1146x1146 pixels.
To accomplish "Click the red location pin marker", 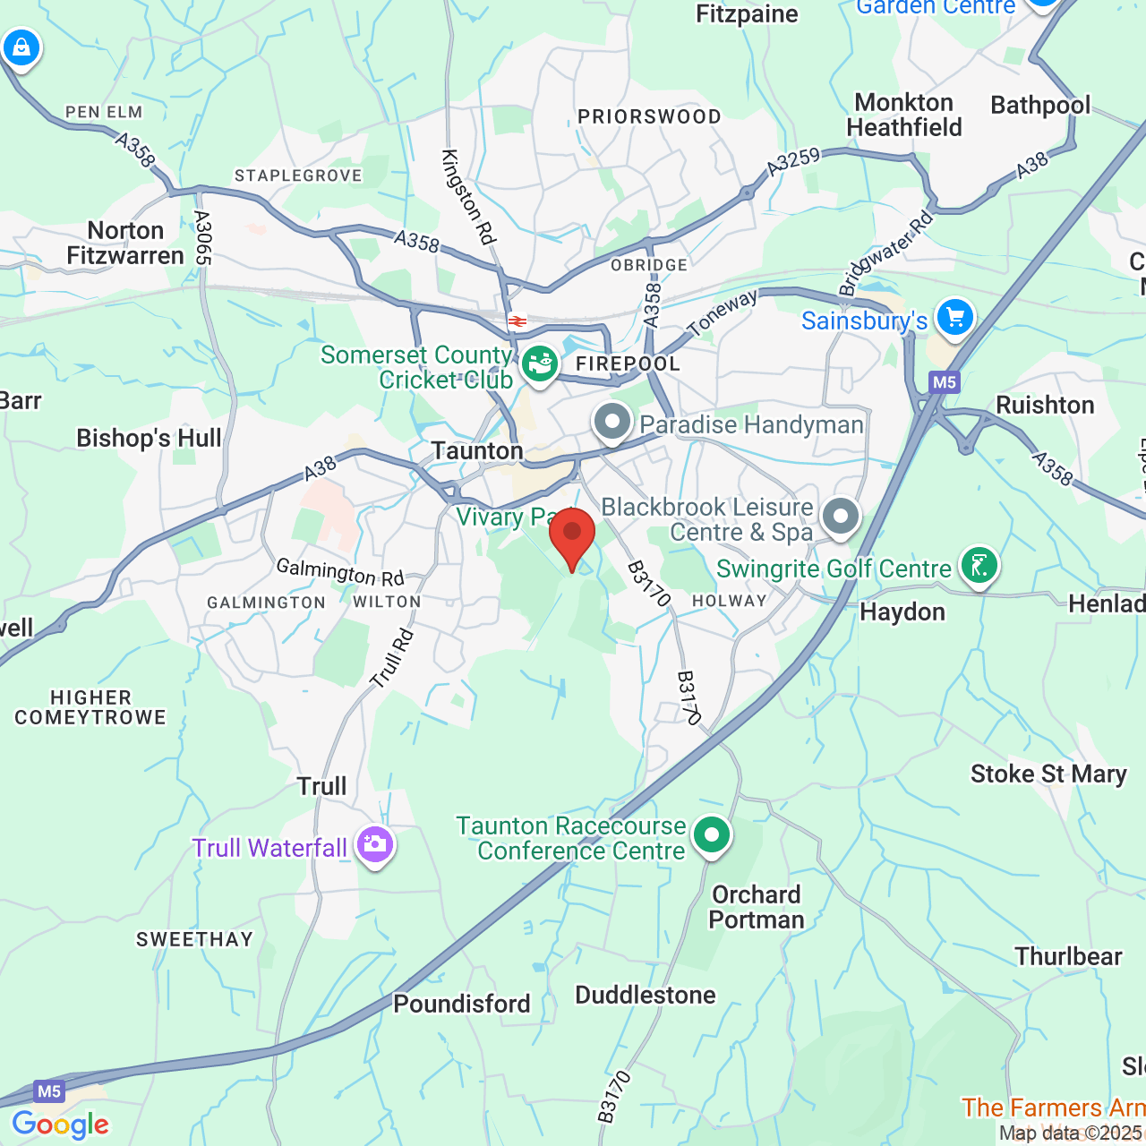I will pyautogui.click(x=572, y=534).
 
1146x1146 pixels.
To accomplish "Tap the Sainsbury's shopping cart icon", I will pyautogui.click(x=955, y=317).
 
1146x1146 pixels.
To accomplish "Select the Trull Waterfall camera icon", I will pyautogui.click(x=374, y=843).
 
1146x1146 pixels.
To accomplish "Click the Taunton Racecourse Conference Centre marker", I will pyautogui.click(x=712, y=834).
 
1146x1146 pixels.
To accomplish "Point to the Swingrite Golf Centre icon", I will pyautogui.click(x=979, y=565).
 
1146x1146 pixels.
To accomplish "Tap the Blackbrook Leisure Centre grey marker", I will pyautogui.click(x=841, y=517).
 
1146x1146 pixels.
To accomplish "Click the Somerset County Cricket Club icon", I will pyautogui.click(x=540, y=363).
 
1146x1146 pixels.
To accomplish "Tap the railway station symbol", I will pyautogui.click(x=517, y=321).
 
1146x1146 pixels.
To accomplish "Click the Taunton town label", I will pyautogui.click(x=477, y=450).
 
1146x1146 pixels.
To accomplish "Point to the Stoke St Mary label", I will pyautogui.click(x=1048, y=774).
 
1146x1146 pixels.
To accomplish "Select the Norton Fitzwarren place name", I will pyautogui.click(x=125, y=244).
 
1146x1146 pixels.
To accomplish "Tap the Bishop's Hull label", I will pyautogui.click(x=149, y=438).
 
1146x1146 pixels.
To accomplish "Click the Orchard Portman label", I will pyautogui.click(x=757, y=907).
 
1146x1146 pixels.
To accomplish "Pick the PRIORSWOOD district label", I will pyautogui.click(x=649, y=116).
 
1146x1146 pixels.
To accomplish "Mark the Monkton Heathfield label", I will pyautogui.click(x=904, y=115).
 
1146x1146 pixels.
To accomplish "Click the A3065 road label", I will pyautogui.click(x=202, y=238).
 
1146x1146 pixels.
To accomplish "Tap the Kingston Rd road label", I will pyautogui.click(x=467, y=197).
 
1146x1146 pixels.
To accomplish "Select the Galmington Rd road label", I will pyautogui.click(x=340, y=570).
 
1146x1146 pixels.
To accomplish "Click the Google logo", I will pyautogui.click(x=60, y=1125).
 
